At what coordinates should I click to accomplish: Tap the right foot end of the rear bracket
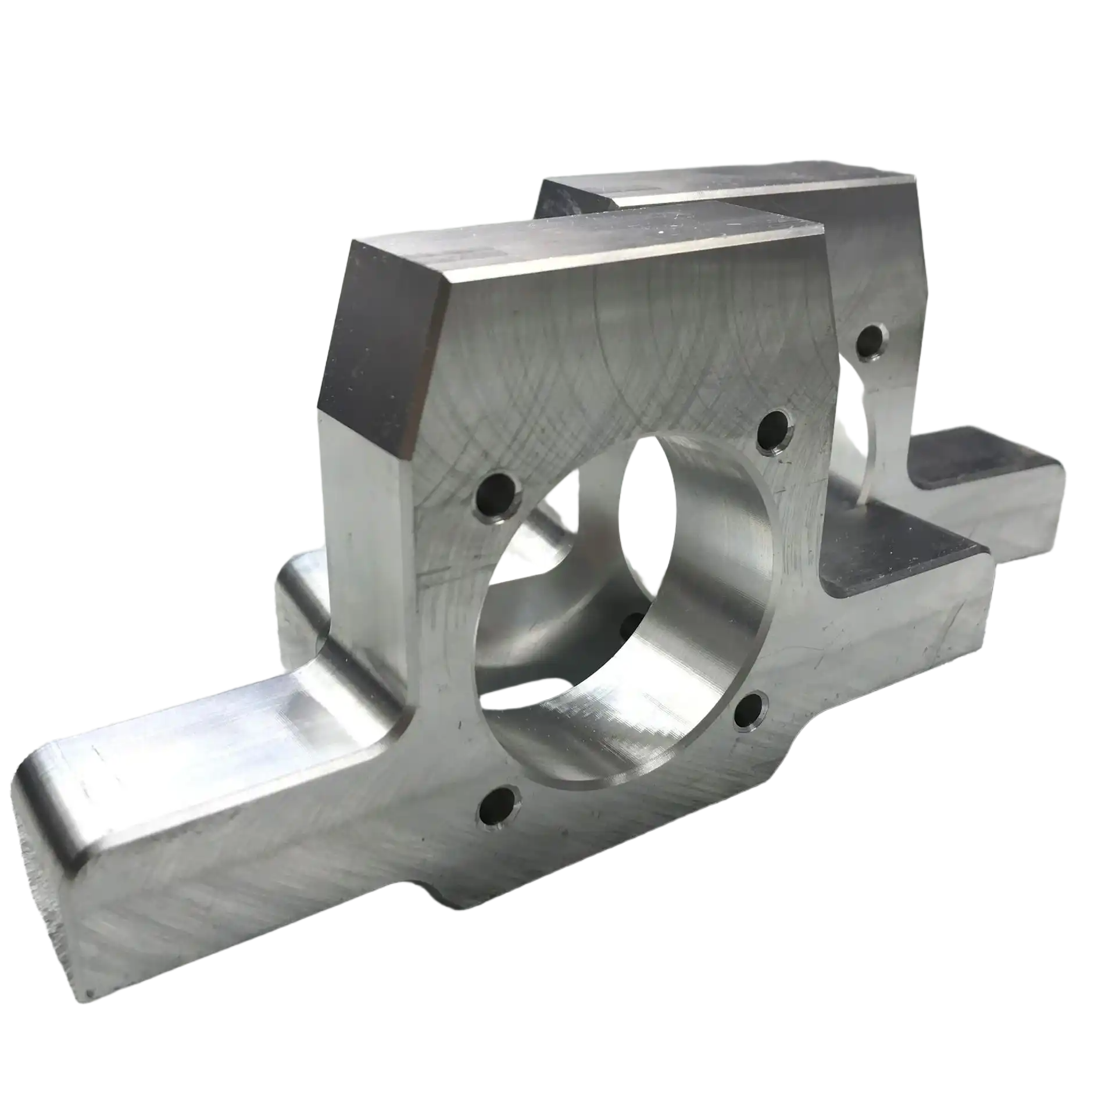[x=1040, y=512]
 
